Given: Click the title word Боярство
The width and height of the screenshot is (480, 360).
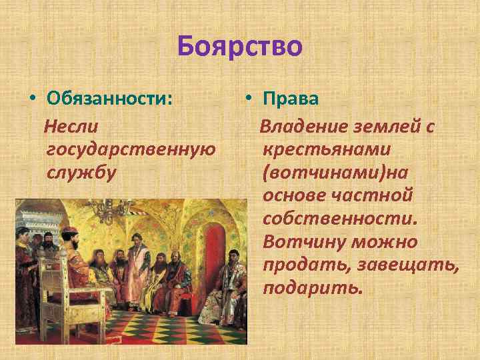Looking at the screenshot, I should pos(240,47).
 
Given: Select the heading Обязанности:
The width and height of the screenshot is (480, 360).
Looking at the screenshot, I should pos(110,99).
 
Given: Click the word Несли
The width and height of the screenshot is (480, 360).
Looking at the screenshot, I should pos(71,125).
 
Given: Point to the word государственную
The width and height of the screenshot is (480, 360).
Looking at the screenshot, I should pos(131,149).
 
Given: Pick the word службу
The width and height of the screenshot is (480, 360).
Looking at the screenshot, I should pos(82,171).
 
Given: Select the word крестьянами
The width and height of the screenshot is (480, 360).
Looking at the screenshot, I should pos(327,149).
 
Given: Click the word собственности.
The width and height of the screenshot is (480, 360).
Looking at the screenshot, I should pos(339,218).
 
